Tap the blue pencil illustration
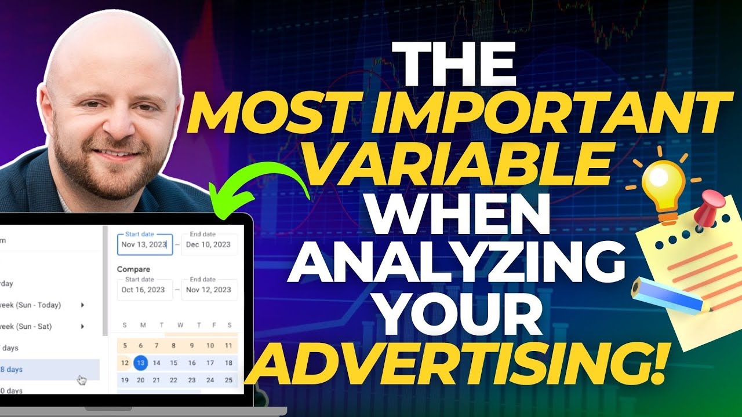point(667,297)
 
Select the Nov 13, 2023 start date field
point(144,244)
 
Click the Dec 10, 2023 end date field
point(209,244)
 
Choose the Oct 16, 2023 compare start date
point(144,290)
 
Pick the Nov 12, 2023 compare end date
point(209,290)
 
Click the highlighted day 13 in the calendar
point(140,363)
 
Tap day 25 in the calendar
point(228,380)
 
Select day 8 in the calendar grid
point(173,346)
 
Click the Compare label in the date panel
point(133,269)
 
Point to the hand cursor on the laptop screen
point(82,381)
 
